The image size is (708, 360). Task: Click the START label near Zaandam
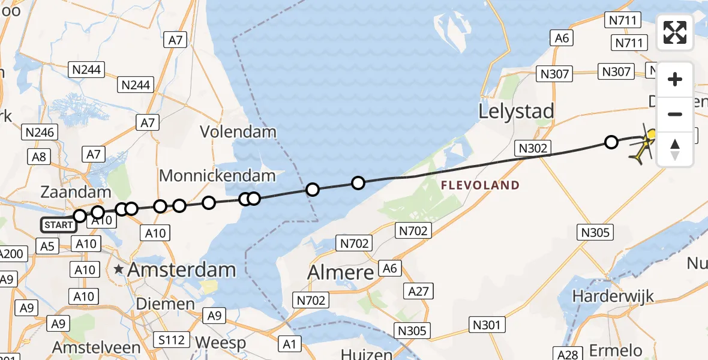click(59, 226)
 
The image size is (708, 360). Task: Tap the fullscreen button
click(675, 32)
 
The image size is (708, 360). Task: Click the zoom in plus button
click(675, 79)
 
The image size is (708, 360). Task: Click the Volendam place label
click(238, 132)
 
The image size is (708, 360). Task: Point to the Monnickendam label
click(217, 176)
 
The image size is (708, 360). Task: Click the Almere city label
click(341, 272)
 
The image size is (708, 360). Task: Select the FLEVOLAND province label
click(480, 185)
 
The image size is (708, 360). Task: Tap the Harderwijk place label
click(612, 296)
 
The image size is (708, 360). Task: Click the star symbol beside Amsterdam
click(119, 270)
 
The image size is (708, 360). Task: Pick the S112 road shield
click(172, 340)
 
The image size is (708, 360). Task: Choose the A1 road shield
click(290, 344)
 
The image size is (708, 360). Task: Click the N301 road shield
click(486, 325)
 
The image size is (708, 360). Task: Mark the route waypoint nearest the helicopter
click(611, 142)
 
